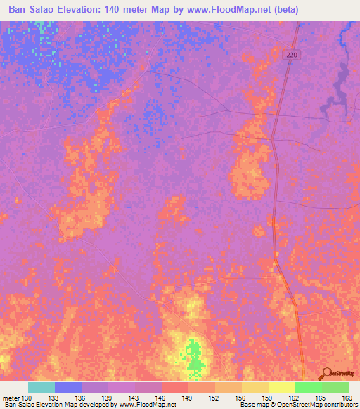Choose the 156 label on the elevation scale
point(240,398)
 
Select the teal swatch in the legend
point(41,387)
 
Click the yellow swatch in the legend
point(281,387)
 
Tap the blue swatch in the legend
point(68,387)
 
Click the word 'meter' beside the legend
point(11,398)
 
